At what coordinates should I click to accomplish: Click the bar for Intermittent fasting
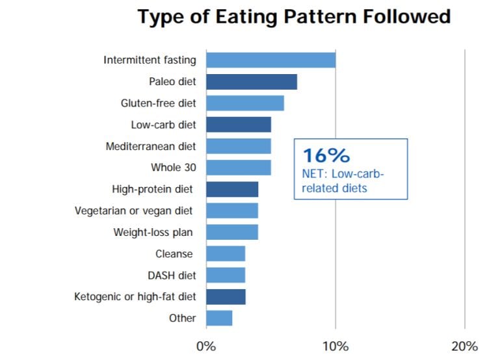[270, 60]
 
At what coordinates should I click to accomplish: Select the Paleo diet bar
[251, 82]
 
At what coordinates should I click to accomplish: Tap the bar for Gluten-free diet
[244, 103]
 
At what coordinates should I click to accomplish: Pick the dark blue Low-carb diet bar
[238, 125]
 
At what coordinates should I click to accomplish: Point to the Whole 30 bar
[238, 168]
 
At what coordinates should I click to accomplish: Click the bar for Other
[219, 318]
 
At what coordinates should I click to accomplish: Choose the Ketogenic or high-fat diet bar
[226, 297]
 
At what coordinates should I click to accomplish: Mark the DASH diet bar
[225, 275]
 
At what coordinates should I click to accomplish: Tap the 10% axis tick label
[335, 345]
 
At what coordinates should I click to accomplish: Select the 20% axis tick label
[464, 345]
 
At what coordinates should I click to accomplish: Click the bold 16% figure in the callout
[326, 156]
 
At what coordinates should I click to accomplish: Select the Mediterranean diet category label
[151, 146]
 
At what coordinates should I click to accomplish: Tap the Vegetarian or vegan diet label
[134, 211]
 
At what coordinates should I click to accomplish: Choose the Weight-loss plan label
[153, 232]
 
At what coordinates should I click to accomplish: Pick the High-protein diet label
[153, 189]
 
